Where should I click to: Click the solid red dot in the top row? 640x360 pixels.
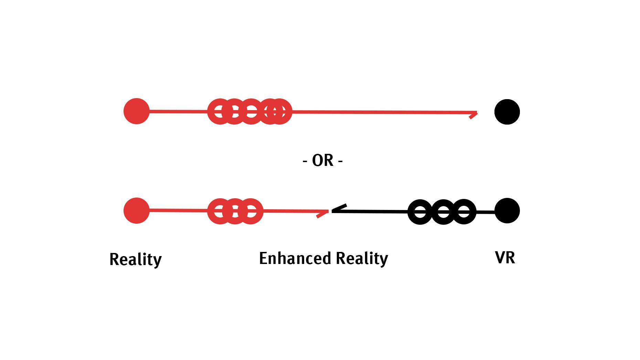(137, 111)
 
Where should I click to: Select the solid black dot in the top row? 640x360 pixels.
(507, 112)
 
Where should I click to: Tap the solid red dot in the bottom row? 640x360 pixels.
(137, 210)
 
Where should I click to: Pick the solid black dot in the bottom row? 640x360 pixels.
(507, 211)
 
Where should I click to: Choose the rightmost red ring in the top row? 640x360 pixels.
(279, 111)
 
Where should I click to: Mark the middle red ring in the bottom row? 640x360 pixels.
(235, 211)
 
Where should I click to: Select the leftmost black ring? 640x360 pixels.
(420, 212)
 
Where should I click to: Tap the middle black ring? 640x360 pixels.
(443, 212)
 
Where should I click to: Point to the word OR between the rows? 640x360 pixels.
(323, 161)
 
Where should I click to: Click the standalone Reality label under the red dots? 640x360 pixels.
(136, 259)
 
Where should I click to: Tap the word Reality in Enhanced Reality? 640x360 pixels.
(362, 258)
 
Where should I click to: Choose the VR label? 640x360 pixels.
(505, 257)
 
